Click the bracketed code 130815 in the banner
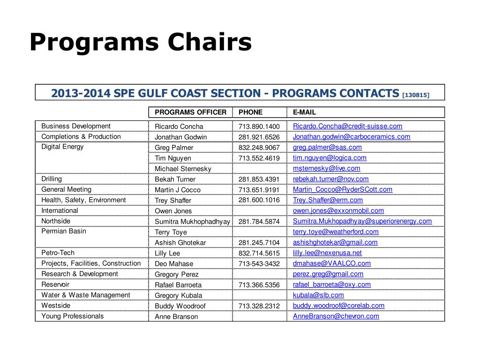[x=416, y=95]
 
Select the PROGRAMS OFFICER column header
[x=190, y=112]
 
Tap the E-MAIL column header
[x=304, y=112]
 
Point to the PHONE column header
[x=250, y=112]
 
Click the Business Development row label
[x=76, y=126]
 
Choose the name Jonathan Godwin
[x=181, y=137]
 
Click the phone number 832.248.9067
[x=259, y=148]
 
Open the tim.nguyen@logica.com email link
[x=330, y=158]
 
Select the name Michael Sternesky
[x=183, y=169]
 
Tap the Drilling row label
[x=52, y=179]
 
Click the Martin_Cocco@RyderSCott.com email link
[x=343, y=189]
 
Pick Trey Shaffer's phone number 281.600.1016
[x=259, y=200]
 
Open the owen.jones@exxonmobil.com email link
[x=338, y=210]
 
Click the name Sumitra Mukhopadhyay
[x=192, y=221]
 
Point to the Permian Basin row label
[x=64, y=231]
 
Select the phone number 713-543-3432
[x=259, y=263]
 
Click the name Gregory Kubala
[x=179, y=295]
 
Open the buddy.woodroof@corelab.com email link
[x=338, y=306]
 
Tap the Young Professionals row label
[x=73, y=316]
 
